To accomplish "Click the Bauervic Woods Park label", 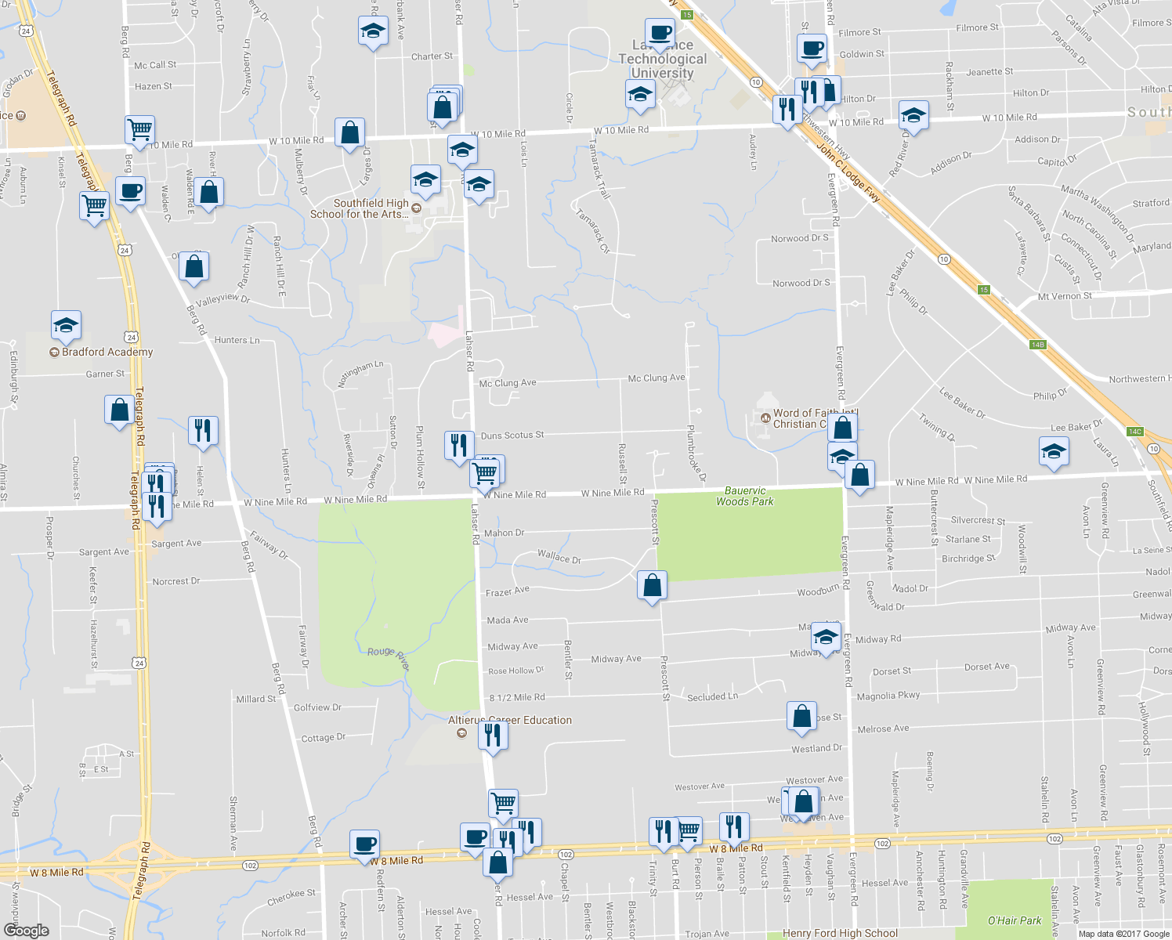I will click(744, 496).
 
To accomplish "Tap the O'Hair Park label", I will click(1015, 920).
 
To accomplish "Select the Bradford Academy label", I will click(107, 352).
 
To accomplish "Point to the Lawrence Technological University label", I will click(662, 60).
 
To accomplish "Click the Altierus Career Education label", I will click(510, 720).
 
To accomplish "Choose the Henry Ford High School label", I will click(840, 933).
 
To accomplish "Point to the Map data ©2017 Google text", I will click(1123, 934).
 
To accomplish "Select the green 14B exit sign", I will click(1038, 345).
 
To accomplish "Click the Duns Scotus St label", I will click(512, 436).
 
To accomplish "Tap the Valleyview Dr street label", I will click(222, 300).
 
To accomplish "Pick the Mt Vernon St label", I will click(1065, 296).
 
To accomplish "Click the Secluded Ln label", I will click(712, 696).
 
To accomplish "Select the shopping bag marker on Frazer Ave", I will click(652, 584).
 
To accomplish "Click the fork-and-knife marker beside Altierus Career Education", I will click(492, 736).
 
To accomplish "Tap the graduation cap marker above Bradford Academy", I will click(67, 325).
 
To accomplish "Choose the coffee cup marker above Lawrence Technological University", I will click(660, 33).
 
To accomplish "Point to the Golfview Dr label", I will click(317, 707).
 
